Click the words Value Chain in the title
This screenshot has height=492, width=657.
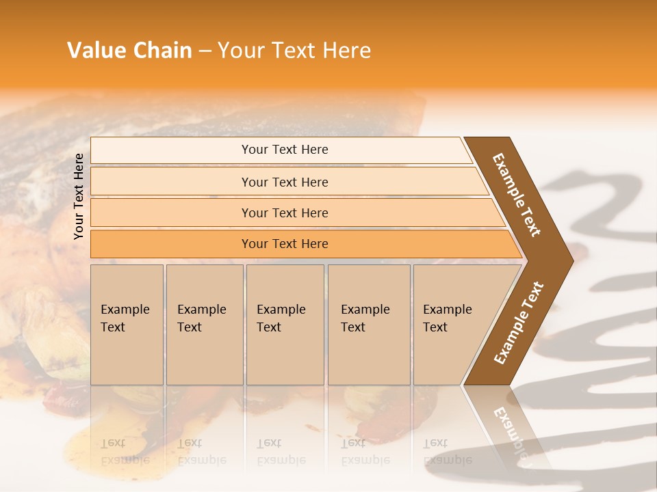(x=129, y=51)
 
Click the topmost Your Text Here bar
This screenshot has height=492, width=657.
(x=284, y=150)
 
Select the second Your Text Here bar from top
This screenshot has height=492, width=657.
(x=284, y=182)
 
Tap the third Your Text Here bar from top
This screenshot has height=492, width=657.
(x=284, y=213)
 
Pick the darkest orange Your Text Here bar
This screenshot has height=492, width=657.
(x=284, y=244)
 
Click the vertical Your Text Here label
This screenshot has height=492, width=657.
(x=79, y=196)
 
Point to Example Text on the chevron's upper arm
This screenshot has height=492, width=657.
(x=517, y=195)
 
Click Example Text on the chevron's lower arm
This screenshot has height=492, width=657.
(x=519, y=323)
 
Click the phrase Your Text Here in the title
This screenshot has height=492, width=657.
(x=294, y=51)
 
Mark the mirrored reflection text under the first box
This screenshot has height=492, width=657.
(x=125, y=451)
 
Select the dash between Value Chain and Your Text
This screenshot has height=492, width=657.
(x=205, y=51)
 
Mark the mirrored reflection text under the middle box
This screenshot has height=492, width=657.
(x=281, y=451)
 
